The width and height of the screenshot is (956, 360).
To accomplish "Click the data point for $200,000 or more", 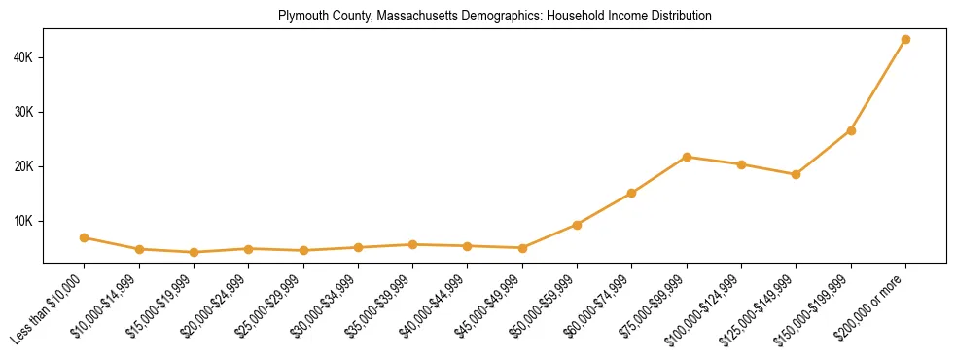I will pos(905,40).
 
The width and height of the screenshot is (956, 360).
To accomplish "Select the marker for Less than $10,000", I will pos(85,237).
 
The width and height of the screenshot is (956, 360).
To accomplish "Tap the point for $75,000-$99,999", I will pos(687,157).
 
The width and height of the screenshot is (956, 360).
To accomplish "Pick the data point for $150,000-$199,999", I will pos(851,130).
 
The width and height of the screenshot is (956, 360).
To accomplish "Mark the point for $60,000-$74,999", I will pos(632,193).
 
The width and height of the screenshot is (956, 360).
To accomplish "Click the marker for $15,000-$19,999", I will pos(195,252).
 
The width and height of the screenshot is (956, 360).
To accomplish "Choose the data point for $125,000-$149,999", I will pos(796,174).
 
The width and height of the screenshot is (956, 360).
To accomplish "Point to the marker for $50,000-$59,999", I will pos(577,225).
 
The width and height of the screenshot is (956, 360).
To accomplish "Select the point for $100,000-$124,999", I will pos(741,164).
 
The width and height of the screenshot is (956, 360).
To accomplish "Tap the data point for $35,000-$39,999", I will pos(413,244).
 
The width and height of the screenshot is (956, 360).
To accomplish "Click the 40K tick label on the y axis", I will pos(23,57).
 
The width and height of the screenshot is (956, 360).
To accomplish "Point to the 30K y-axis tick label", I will pos(23,112).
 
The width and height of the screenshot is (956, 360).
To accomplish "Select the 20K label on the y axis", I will pos(23,166).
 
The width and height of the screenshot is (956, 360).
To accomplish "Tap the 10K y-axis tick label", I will pos(23,221).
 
